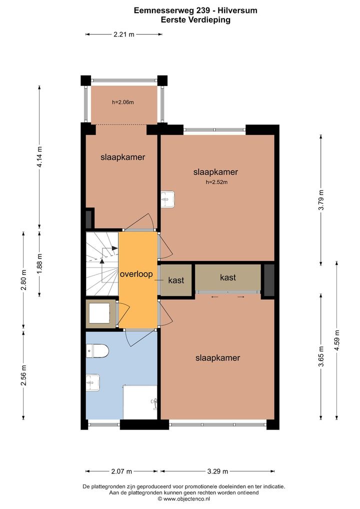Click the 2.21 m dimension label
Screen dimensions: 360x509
coord(123,34)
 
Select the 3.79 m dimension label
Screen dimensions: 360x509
coord(321,199)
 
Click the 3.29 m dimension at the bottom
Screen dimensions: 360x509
coord(217,471)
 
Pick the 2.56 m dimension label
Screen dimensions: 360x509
coord(23,375)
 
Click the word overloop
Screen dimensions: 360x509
coord(136,274)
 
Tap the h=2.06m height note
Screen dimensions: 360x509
coord(123,102)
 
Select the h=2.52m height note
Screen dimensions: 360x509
coord(216,182)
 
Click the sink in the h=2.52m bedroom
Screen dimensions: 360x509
coord(168,199)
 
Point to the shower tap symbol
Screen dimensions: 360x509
coord(154,402)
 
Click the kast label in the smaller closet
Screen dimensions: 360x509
coord(176,280)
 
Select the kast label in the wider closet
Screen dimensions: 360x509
coord(228,277)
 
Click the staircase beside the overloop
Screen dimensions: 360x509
coord(102,263)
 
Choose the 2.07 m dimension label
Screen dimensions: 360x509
coord(121,471)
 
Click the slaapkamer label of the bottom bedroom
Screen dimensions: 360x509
coord(217,357)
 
